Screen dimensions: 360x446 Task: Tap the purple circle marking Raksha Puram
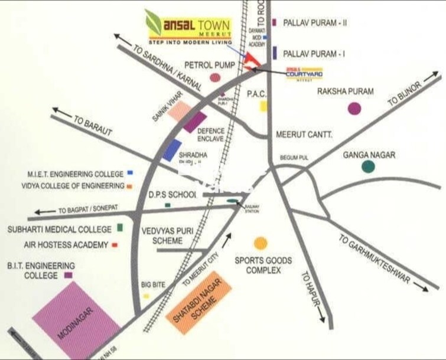(x=354, y=109)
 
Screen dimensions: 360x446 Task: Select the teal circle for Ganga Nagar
(x=368, y=166)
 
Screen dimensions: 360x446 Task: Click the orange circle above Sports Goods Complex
(x=260, y=243)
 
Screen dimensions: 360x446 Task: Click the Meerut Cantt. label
(x=304, y=135)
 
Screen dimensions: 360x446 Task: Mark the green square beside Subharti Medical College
(x=121, y=227)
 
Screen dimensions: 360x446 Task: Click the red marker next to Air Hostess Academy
(x=115, y=244)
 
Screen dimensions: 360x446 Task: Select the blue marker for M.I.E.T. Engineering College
(x=130, y=174)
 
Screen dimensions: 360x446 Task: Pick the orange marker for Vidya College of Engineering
(x=129, y=186)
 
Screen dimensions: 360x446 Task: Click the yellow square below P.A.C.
(x=263, y=106)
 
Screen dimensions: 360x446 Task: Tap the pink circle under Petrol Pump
(x=215, y=77)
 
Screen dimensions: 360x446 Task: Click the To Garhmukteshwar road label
(x=375, y=259)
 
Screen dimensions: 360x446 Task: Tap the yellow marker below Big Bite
(x=145, y=296)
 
